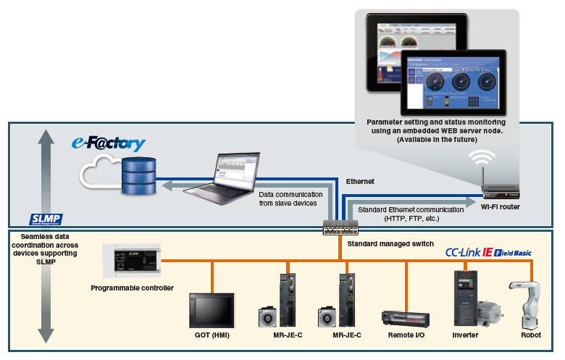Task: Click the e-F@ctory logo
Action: click(x=108, y=143)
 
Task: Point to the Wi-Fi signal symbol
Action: click(x=480, y=157)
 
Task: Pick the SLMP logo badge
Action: click(x=46, y=219)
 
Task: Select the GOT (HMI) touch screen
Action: click(x=212, y=310)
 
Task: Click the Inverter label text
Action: click(x=465, y=336)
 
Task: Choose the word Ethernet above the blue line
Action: click(x=360, y=182)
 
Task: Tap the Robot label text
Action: click(x=531, y=336)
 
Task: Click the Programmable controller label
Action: click(x=132, y=288)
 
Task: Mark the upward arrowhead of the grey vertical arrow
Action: click(x=46, y=135)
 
